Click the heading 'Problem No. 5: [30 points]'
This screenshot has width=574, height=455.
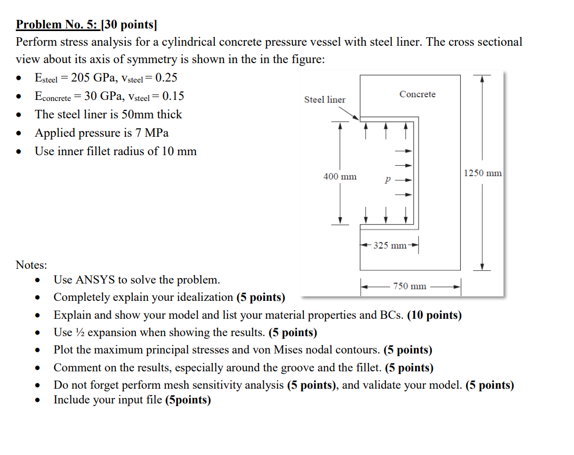(x=86, y=24)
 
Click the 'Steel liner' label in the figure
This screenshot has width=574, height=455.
(x=325, y=99)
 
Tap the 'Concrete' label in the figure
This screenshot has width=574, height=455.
(x=417, y=94)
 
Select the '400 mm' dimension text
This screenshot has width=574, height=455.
(x=340, y=177)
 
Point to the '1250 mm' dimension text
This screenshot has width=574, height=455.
(x=483, y=173)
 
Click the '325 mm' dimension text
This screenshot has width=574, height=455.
(x=390, y=245)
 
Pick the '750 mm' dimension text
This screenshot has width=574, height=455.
(x=409, y=286)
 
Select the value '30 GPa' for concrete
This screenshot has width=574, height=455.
(x=102, y=96)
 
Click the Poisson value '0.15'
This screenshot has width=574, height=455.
(x=173, y=96)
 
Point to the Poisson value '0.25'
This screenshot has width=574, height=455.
(x=167, y=78)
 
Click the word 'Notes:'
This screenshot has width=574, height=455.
(x=31, y=265)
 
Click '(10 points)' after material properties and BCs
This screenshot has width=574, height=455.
(x=434, y=315)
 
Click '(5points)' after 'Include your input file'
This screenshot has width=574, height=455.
(x=188, y=400)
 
